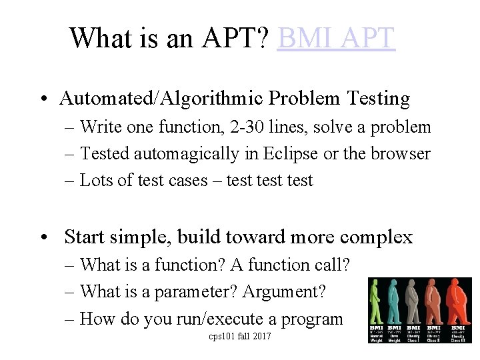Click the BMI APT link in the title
(x=336, y=38)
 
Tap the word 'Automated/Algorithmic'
(x=161, y=99)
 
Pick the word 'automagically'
(x=186, y=154)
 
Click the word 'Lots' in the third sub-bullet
(x=95, y=180)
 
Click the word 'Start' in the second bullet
(x=85, y=237)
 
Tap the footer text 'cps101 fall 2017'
(x=240, y=336)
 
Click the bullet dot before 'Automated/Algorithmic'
(x=42, y=99)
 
